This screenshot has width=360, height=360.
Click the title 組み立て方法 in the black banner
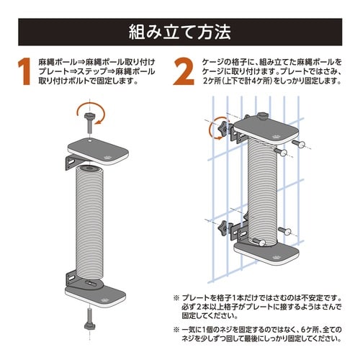(179, 31)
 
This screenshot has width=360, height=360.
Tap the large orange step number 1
(23, 72)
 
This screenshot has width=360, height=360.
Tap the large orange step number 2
(185, 72)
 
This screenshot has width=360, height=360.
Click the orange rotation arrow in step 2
(214, 130)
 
